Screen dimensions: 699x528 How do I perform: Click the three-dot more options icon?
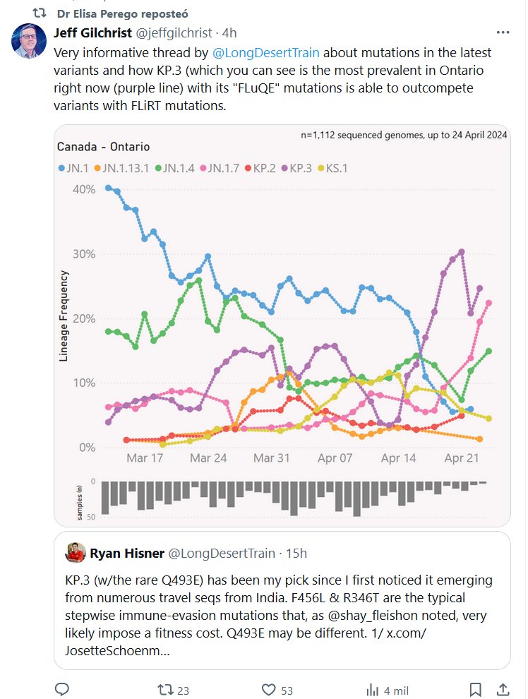pyautogui.click(x=503, y=33)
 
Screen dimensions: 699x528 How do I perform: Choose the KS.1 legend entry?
pyautogui.click(x=331, y=168)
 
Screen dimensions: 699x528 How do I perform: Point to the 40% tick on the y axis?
pyautogui.click(x=84, y=189)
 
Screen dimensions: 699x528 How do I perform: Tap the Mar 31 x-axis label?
pyautogui.click(x=272, y=458)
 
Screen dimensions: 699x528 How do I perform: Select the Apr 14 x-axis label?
pyautogui.click(x=398, y=458)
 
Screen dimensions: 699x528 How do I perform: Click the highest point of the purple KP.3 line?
pyautogui.click(x=461, y=251)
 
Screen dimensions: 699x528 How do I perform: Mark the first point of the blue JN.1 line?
pyautogui.click(x=108, y=188)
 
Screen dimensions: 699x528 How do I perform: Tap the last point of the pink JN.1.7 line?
pyautogui.click(x=488, y=303)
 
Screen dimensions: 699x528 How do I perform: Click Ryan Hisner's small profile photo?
pyautogui.click(x=76, y=552)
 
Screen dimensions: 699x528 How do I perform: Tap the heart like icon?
pyautogui.click(x=268, y=690)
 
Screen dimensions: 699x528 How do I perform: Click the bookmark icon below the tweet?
pyautogui.click(x=476, y=690)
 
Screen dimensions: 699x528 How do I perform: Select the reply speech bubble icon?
pyautogui.click(x=62, y=690)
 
